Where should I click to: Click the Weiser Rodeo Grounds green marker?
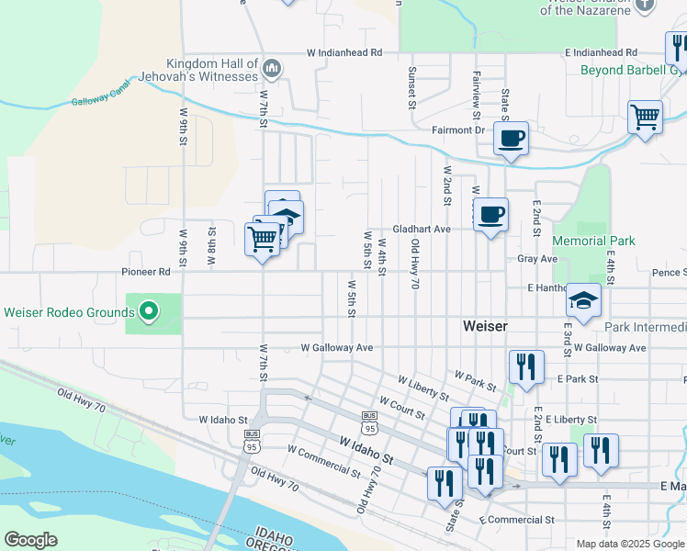point(149,312)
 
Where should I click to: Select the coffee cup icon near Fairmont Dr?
point(511,140)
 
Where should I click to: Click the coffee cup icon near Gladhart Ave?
point(490,215)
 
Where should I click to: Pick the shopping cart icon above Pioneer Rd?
point(263,240)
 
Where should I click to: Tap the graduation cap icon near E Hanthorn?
point(582,299)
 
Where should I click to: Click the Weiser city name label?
point(486,326)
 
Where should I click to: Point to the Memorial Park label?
point(593,241)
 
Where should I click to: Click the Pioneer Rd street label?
point(146,273)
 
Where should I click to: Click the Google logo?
point(31,540)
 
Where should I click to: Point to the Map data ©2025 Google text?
point(630,544)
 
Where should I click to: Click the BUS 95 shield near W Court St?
point(370,428)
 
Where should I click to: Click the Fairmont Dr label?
point(458,130)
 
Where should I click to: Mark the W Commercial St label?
point(323,461)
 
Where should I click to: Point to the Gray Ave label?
point(537,260)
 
